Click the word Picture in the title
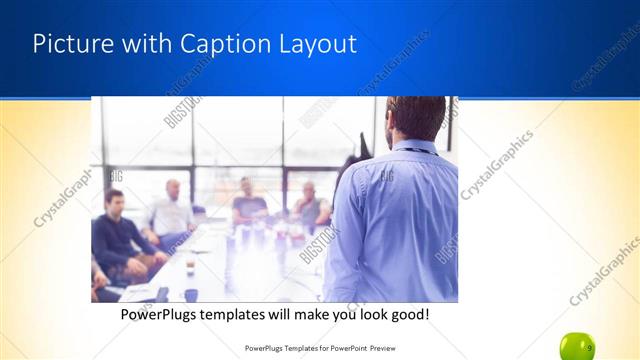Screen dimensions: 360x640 click(68, 44)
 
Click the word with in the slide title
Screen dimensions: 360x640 click(143, 44)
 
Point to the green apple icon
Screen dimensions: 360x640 click(577, 346)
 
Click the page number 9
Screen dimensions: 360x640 click(589, 347)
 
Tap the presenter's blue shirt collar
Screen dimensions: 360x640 click(411, 147)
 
